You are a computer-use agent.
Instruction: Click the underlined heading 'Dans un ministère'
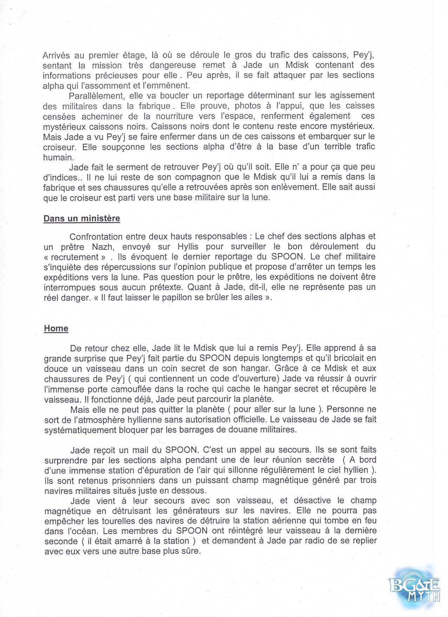pyautogui.click(x=81, y=218)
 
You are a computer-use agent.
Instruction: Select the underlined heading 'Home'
pyautogui.click(x=56, y=328)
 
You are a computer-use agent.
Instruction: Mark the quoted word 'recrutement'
pyautogui.click(x=75, y=257)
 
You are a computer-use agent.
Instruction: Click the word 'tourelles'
pyautogui.click(x=119, y=521)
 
